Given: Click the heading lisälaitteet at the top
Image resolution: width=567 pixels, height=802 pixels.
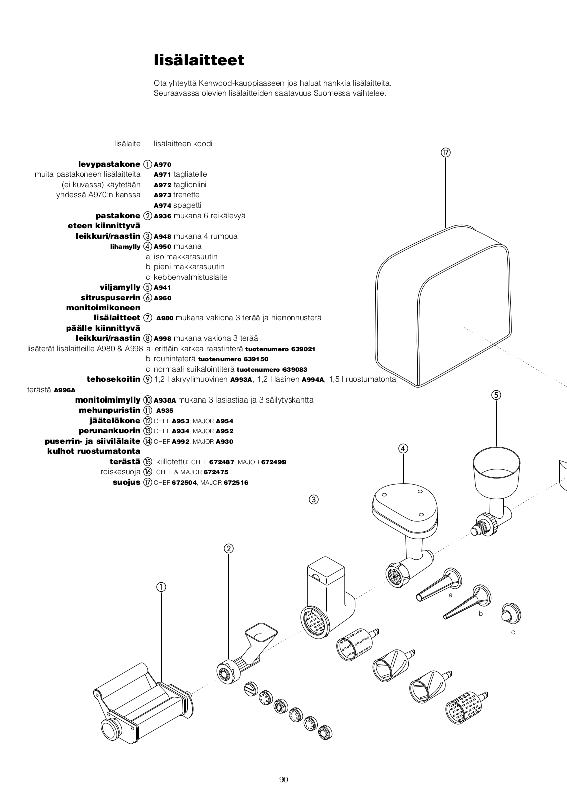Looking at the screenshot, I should [199, 60].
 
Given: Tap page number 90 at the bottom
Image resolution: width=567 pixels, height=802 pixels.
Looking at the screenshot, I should [283, 779].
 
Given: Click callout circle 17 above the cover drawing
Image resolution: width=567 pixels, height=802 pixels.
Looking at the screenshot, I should [445, 153].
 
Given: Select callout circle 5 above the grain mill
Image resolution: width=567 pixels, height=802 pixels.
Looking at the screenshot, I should [496, 395].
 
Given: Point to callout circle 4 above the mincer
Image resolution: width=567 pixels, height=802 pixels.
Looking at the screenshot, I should [403, 448].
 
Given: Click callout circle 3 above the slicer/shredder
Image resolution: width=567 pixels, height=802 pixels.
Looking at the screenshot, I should [314, 499].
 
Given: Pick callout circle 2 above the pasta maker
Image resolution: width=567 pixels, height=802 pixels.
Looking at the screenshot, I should [228, 548].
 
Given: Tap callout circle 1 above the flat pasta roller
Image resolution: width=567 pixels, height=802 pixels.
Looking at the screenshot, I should [161, 587].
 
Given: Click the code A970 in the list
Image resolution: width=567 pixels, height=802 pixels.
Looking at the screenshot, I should [162, 164].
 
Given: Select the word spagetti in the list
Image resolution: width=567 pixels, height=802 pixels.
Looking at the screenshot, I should [187, 205].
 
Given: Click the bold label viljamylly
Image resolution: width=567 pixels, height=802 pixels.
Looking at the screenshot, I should [120, 287].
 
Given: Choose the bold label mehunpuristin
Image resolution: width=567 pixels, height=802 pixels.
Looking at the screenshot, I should [109, 410].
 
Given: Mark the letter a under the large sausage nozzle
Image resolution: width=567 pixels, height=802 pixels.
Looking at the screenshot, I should [450, 595].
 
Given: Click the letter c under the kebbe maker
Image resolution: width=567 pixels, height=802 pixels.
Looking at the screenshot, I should [513, 632].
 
